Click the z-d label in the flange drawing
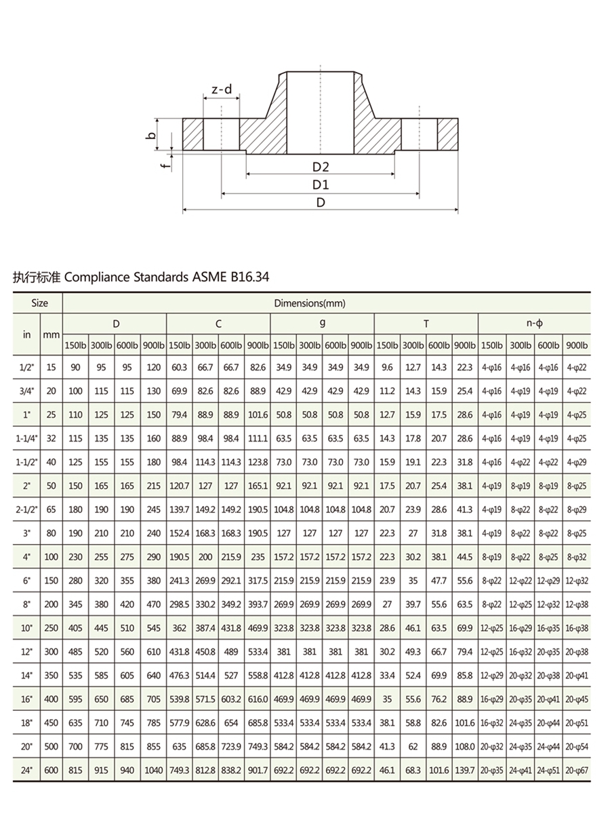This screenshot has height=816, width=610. (221, 89)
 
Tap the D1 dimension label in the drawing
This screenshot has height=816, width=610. (321, 184)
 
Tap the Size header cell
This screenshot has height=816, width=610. (38, 303)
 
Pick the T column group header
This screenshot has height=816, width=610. (426, 324)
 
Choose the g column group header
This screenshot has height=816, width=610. (322, 324)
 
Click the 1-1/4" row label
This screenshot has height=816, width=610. (27, 438)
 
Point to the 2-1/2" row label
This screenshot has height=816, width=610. (27, 509)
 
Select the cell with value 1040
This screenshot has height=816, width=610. (154, 771)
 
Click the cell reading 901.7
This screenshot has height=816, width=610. (258, 771)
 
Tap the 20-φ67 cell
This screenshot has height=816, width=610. (577, 771)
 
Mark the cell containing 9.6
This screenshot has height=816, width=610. (387, 367)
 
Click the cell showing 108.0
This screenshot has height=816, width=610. (465, 746)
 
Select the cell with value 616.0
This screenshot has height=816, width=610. (258, 699)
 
